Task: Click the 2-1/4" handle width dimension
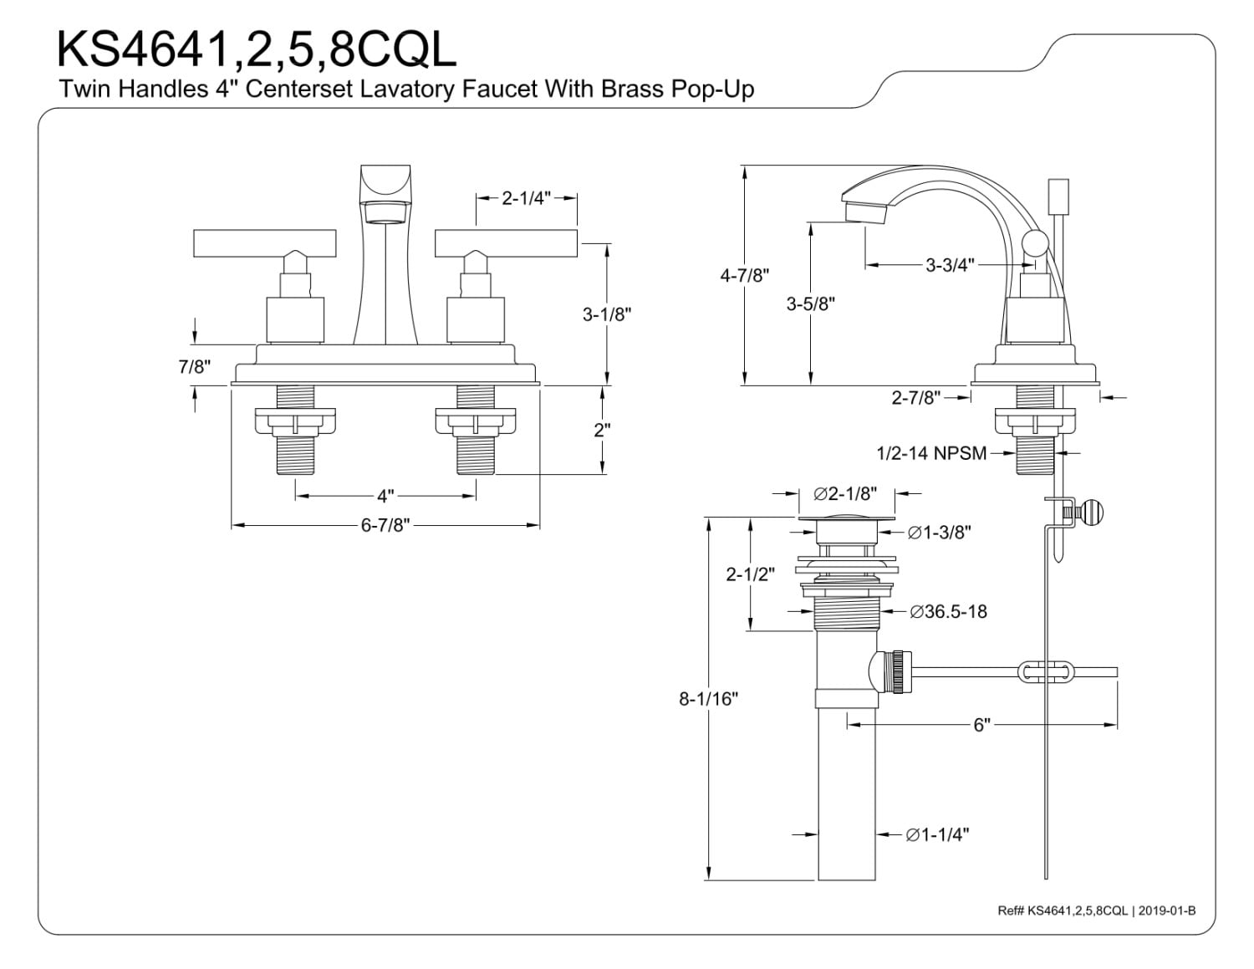526,198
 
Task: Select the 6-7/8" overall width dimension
385,525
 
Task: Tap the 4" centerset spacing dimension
385,496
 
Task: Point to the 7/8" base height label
195,366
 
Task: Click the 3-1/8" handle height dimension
606,314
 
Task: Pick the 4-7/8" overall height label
744,276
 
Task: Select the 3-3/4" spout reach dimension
950,265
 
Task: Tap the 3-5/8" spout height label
811,303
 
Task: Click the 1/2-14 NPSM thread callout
931,453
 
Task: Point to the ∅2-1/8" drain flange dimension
845,493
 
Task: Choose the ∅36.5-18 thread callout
948,611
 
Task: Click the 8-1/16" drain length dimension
709,699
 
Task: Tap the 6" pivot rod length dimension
981,725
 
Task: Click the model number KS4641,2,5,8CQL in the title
257,49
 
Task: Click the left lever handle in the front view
264,243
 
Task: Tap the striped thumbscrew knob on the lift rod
1093,512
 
